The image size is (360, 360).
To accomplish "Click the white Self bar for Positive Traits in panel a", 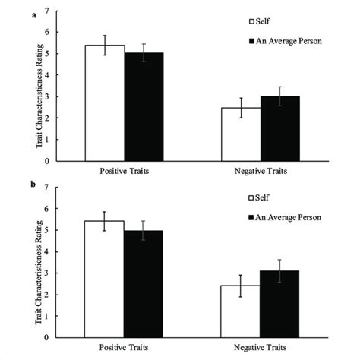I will pos(105,103).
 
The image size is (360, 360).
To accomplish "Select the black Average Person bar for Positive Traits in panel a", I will pos(144,107).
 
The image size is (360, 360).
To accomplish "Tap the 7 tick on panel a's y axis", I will pos(50,11).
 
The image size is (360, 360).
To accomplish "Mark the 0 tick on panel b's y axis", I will pos(50,337).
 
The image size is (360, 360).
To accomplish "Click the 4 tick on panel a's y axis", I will pos(50,75).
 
